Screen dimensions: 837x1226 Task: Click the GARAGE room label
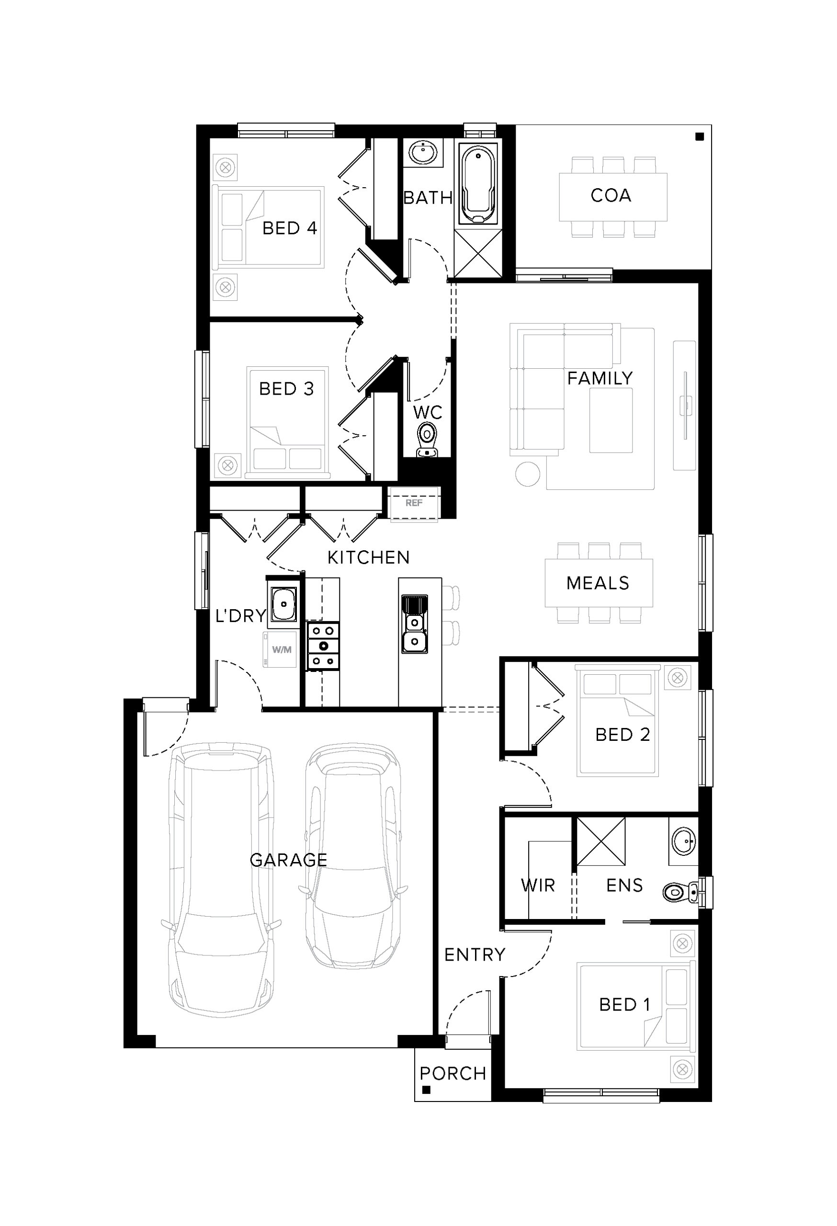pyautogui.click(x=288, y=860)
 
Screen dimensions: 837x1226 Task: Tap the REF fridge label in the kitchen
pyautogui.click(x=414, y=503)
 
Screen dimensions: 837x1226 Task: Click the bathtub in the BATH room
pyautogui.click(x=478, y=185)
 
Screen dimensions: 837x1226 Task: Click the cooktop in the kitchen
pyautogui.click(x=323, y=646)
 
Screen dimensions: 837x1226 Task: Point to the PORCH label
pyautogui.click(x=452, y=1074)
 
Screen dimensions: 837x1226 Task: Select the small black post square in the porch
pyautogui.click(x=427, y=1090)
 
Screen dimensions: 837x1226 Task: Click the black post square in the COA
pyautogui.click(x=700, y=136)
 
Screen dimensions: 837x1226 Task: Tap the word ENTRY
pyautogui.click(x=475, y=954)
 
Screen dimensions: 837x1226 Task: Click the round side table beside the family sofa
pyautogui.click(x=527, y=474)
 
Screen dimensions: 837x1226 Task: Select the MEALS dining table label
pyautogui.click(x=598, y=583)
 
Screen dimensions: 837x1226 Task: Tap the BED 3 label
pyautogui.click(x=286, y=389)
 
